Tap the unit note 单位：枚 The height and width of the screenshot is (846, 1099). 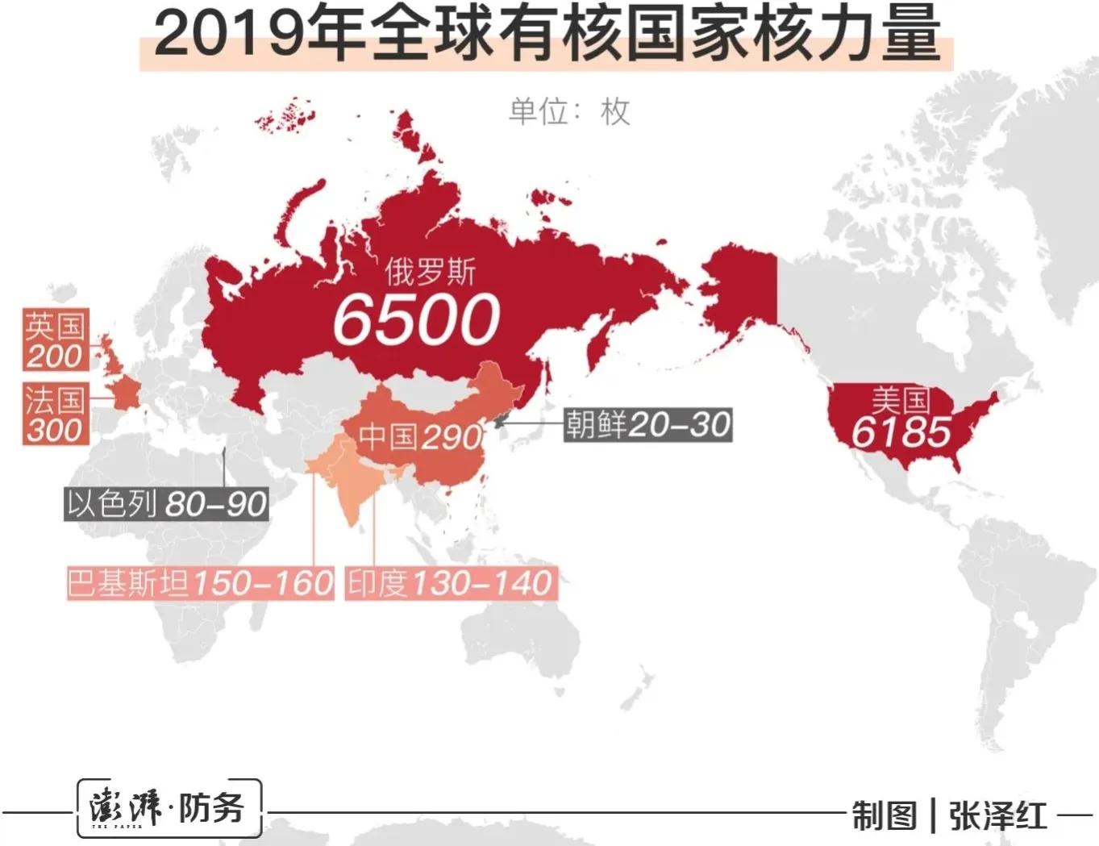coord(568,111)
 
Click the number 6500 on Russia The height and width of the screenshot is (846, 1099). coord(416,319)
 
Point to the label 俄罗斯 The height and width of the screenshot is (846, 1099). coord(430,273)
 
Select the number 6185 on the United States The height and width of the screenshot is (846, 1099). coord(901,432)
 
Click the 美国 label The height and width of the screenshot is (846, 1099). coord(901,399)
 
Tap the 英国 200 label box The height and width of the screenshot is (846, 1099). coord(54,340)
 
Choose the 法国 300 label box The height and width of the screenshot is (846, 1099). coord(54,414)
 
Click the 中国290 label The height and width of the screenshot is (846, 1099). coord(419,436)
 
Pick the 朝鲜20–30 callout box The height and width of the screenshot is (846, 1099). coord(647,424)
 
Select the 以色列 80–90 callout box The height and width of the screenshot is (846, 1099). coord(166,504)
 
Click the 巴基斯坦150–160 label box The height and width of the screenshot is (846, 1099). coord(200,582)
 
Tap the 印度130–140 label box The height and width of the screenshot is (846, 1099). coord(451,582)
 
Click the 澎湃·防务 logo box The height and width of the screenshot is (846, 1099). coord(169,808)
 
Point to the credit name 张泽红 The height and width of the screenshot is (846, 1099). coord(997,815)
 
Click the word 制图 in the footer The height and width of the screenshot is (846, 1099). coord(885,815)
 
